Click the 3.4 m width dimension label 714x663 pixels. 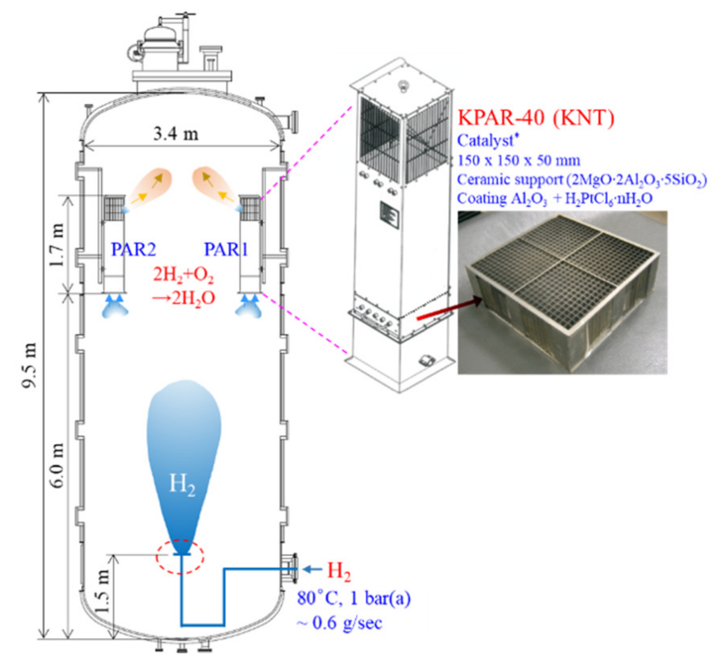coord(176,133)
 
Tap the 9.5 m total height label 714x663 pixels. coord(29,365)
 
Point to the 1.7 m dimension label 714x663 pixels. coord(56,245)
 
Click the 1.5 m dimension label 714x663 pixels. coord(102,591)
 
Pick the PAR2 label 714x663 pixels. coord(133,250)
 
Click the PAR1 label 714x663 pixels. coord(226,250)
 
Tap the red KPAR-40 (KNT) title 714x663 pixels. coord(536,117)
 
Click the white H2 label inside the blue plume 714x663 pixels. coord(182,484)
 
